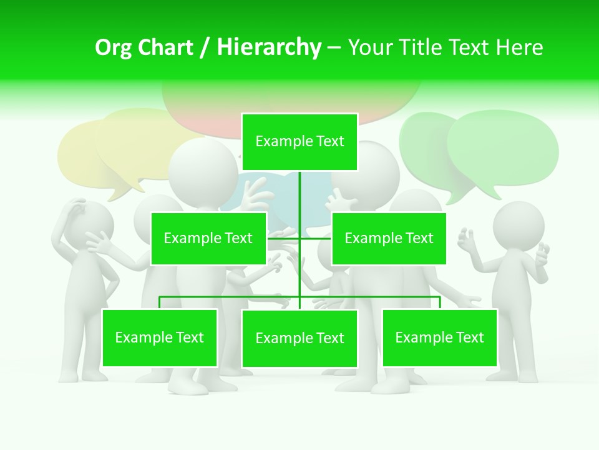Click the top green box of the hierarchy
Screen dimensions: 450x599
(299, 142)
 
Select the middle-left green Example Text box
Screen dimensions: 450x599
(208, 238)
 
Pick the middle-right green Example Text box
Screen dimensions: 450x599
(389, 238)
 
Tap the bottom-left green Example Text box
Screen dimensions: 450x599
(160, 337)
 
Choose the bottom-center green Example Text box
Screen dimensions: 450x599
(299, 338)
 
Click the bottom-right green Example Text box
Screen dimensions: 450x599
(440, 337)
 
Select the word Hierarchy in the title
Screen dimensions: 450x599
(269, 47)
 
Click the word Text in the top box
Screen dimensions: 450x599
(330, 142)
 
